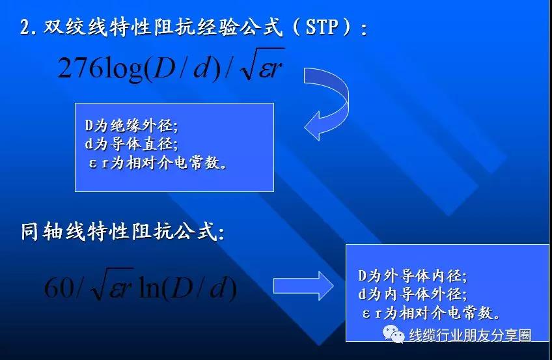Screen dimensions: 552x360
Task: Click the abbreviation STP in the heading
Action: click(322, 27)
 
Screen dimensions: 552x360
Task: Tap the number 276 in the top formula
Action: click(80, 68)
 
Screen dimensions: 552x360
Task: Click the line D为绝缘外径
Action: click(131, 126)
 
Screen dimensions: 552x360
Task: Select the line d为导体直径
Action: click(131, 144)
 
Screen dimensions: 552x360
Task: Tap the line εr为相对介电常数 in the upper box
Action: click(158, 163)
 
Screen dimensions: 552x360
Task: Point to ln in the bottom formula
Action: click(150, 288)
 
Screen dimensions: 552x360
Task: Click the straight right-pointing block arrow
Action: click(303, 286)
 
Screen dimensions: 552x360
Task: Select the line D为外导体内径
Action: click(412, 275)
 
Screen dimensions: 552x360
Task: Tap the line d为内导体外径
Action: click(412, 294)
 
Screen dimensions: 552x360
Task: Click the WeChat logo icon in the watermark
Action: click(394, 333)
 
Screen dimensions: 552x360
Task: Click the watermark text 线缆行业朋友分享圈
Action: click(470, 335)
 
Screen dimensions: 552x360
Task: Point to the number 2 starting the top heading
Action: click(25, 27)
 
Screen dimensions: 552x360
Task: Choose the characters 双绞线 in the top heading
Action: click(75, 27)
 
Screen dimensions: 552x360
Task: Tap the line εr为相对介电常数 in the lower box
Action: click(431, 312)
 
